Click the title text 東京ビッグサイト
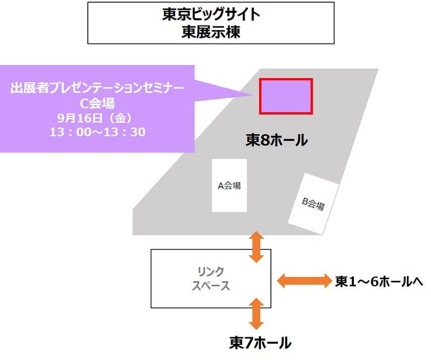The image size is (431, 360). pos(211,15)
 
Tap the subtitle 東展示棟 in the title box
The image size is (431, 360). pos(211,32)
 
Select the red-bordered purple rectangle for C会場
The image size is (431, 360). pos(286,96)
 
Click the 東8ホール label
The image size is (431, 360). pos(276,141)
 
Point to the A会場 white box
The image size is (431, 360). pos(229,185)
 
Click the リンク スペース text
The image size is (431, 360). pos(211,278)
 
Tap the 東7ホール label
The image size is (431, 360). pos(260,343)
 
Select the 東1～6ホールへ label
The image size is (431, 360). pos(379,281)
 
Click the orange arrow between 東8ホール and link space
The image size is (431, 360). pos(256,246)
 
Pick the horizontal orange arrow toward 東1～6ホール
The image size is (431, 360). pos(303,280)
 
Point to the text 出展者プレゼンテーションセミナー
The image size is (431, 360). pos(97,88)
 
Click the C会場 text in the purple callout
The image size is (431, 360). pos(97,102)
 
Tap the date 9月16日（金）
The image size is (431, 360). pos(97,117)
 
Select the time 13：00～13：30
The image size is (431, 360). pos(97,131)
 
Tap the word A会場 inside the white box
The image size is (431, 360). pos(229,186)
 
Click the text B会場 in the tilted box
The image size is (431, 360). pos(313,204)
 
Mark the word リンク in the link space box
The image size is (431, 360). pos(211,271)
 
